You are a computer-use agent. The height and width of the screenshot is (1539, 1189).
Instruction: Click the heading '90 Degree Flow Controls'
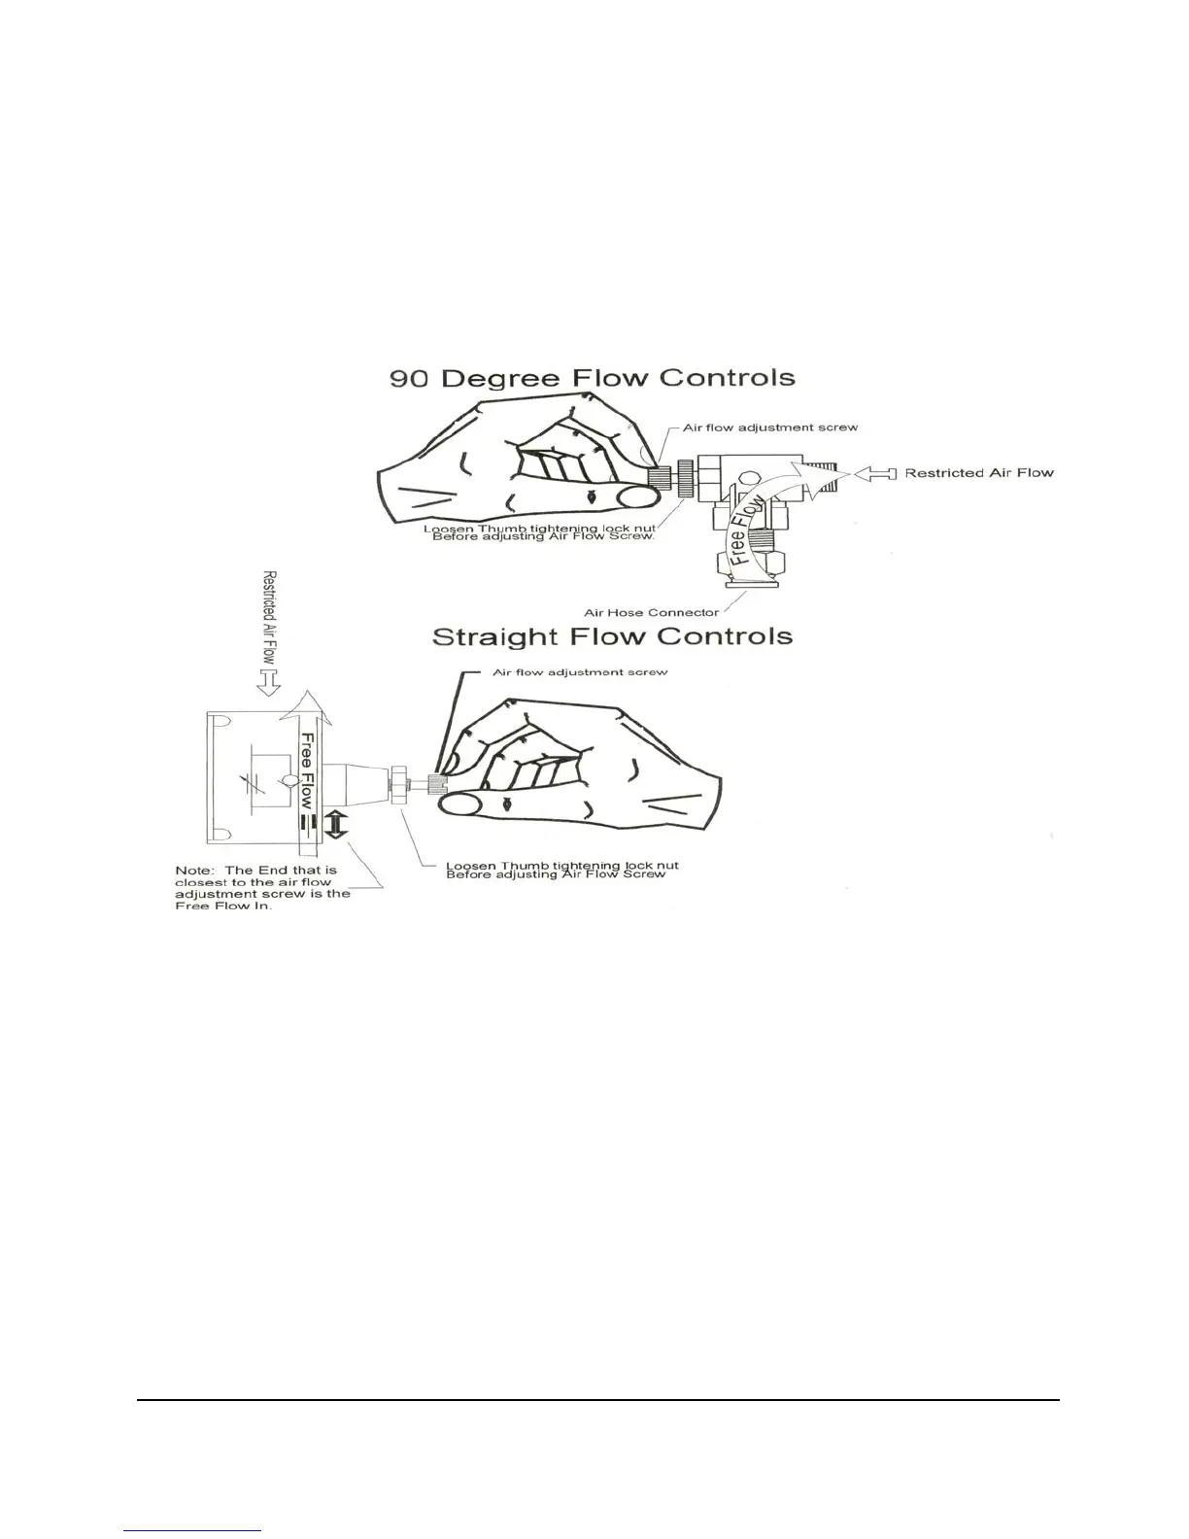tap(593, 378)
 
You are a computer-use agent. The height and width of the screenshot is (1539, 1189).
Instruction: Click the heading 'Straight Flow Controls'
tap(612, 637)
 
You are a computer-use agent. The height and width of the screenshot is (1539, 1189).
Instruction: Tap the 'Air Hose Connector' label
tap(651, 612)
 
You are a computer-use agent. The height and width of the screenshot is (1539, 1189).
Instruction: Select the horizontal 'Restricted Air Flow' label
tap(979, 473)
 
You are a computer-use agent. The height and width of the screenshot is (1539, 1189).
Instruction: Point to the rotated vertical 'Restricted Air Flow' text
tap(270, 617)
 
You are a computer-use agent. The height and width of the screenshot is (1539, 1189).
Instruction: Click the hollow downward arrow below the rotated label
tap(269, 685)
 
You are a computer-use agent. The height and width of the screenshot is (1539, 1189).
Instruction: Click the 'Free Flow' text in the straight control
tap(306, 770)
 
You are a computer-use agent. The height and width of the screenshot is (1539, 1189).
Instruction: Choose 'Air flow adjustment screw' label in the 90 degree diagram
tap(770, 427)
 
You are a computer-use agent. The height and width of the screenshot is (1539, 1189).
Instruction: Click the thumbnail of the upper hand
tap(635, 497)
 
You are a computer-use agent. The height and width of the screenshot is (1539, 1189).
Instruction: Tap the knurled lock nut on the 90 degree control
tap(686, 479)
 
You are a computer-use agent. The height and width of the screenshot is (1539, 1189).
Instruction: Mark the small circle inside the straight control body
tap(289, 779)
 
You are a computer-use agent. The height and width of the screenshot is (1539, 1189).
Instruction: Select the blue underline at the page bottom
tap(193, 1530)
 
